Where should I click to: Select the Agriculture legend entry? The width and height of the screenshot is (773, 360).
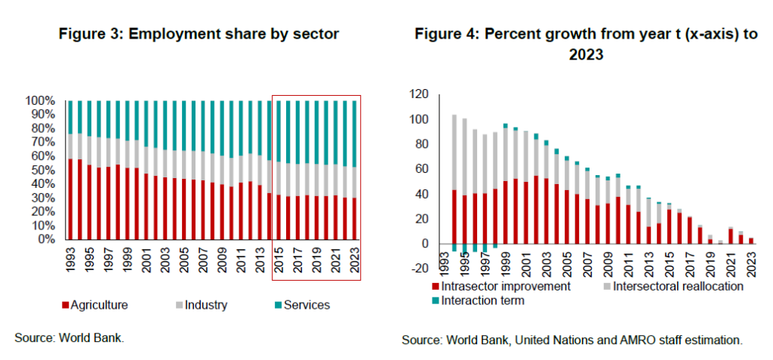coord(99,305)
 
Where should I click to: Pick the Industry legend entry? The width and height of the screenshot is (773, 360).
coord(201,305)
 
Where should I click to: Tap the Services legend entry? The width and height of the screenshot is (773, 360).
coord(303,305)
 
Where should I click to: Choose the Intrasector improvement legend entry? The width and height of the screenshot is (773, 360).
coord(503,286)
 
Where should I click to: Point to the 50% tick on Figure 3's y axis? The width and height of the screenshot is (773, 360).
coord(43,170)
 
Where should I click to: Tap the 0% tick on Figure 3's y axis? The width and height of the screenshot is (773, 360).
coord(46,239)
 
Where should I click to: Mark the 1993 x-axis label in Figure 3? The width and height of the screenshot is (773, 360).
coord(69,257)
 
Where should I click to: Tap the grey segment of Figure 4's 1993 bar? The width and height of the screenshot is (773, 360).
coord(454,152)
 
